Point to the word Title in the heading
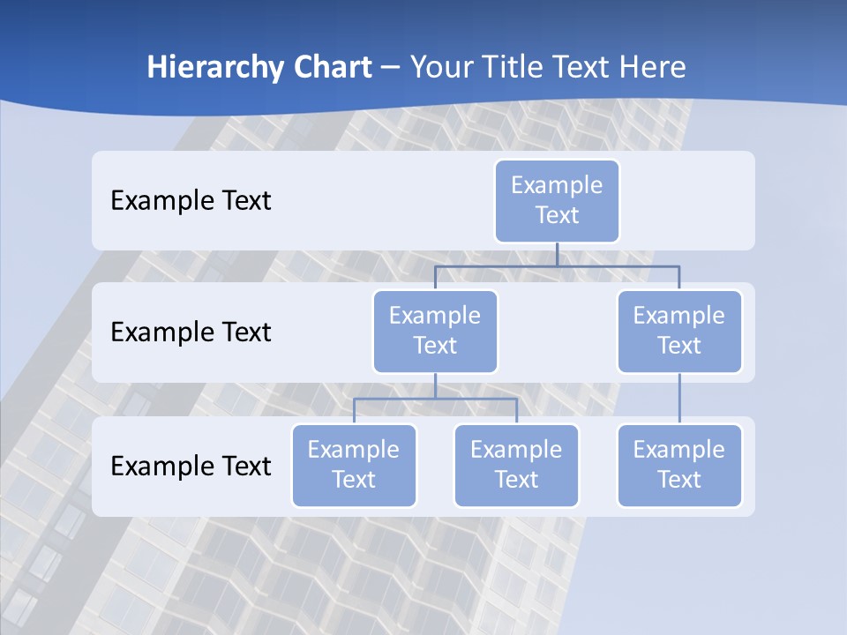[x=519, y=68]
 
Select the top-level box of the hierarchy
[x=557, y=201]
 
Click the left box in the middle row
[x=435, y=332]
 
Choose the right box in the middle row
[x=679, y=332]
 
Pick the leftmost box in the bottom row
[x=354, y=466]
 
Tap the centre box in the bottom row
[x=516, y=466]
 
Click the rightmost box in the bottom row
[x=679, y=466]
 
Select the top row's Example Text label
[x=191, y=201]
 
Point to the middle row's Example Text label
[x=191, y=332]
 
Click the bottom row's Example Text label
[x=191, y=466]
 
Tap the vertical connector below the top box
[x=557, y=254]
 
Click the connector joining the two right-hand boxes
[x=679, y=399]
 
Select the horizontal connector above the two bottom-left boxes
[x=435, y=399]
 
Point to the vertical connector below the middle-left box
[x=435, y=385]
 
